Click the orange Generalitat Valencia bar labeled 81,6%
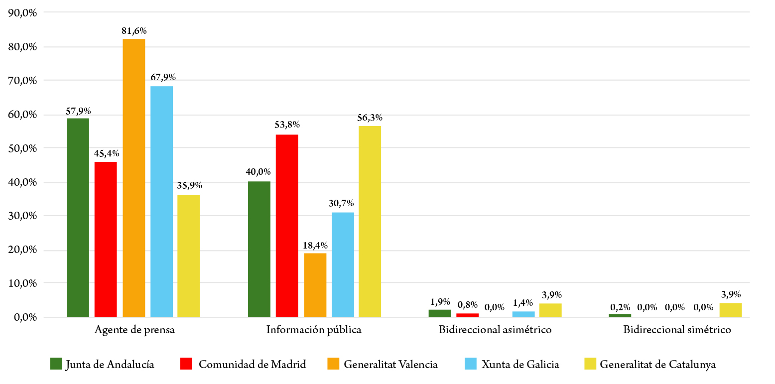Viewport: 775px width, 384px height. tap(134, 178)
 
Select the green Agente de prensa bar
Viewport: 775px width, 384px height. tap(78, 218)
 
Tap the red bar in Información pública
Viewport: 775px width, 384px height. tap(287, 226)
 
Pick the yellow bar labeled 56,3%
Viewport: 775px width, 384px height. tap(370, 222)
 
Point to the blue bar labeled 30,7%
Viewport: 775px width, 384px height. tap(343, 265)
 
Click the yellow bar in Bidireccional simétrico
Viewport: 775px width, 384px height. tap(731, 310)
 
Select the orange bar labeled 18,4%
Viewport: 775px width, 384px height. tap(315, 285)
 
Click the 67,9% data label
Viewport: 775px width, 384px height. tap(162, 77)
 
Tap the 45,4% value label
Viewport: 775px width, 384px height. tap(106, 153)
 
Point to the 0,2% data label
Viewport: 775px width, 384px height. tap(620, 307)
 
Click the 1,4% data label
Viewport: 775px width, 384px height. tap(523, 302)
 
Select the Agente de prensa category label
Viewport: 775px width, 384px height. tap(134, 330)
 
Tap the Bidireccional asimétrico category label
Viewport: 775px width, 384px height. tap(495, 330)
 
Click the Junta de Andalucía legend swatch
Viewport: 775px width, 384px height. tap(56, 364)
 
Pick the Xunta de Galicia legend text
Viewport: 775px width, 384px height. tap(520, 364)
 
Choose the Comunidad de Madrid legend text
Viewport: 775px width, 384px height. tap(252, 364)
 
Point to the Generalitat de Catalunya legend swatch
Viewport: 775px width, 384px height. tap(590, 364)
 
